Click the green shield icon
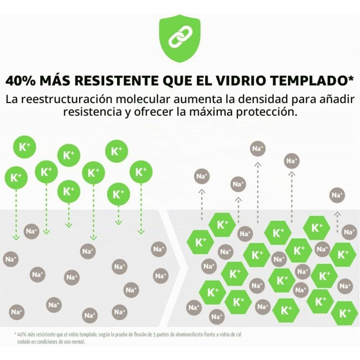(x=180, y=38)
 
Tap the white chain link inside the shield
(x=180, y=36)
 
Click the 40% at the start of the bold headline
(x=20, y=81)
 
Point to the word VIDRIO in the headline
(x=241, y=81)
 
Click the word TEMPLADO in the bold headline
(x=308, y=81)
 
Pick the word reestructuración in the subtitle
(x=69, y=99)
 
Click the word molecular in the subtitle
(x=143, y=99)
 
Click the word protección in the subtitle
(x=266, y=112)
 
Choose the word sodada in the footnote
(x=23, y=342)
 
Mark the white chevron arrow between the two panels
(x=174, y=268)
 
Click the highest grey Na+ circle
(x=258, y=149)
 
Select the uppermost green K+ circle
(x=25, y=147)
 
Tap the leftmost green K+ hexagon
(x=200, y=242)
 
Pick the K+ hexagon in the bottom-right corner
(x=345, y=313)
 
